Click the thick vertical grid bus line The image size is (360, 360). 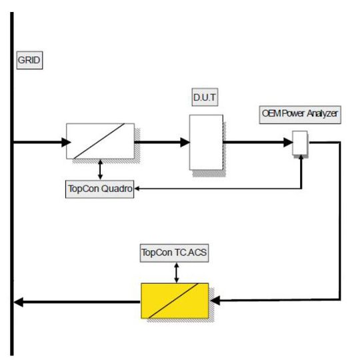pos(11,200)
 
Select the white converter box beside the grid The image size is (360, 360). pos(99,141)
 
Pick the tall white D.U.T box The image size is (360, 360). pos(205,141)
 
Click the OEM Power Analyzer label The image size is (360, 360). pos(300,113)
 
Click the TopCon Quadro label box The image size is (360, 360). pos(99,189)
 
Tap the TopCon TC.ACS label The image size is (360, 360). pos(174,254)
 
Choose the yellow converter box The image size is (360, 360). pos(174,301)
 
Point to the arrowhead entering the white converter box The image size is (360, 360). pos(64,141)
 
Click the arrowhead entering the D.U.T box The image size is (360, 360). pos(185,141)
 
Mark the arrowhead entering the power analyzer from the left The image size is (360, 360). pos(289,141)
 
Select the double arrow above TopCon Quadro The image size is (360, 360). pos(100,169)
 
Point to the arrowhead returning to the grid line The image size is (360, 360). pos(20,301)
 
